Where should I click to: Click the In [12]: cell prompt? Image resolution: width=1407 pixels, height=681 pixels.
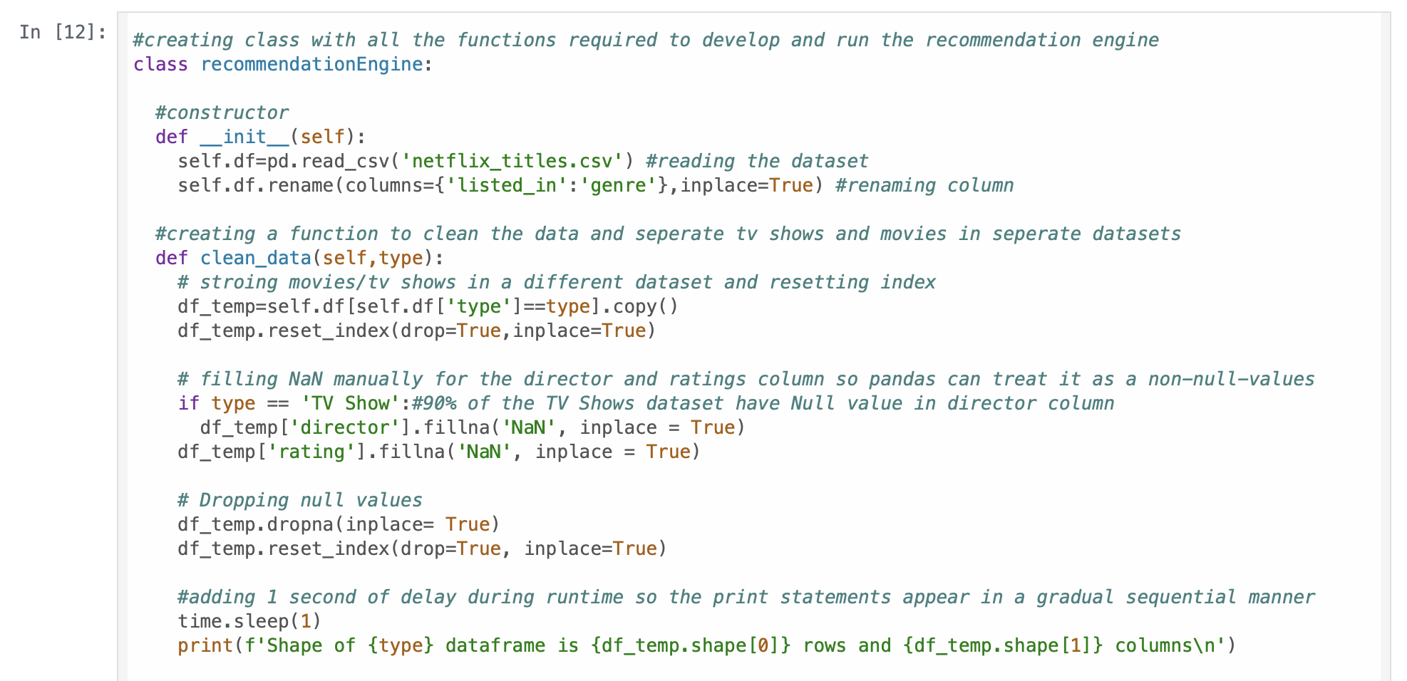point(63,32)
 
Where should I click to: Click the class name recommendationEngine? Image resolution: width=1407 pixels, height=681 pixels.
point(311,64)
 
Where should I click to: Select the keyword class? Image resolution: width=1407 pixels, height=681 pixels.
point(160,64)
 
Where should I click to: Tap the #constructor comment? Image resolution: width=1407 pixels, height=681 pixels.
point(222,113)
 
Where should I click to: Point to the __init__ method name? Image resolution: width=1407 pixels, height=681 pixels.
point(244,137)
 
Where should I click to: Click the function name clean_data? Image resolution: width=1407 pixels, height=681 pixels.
point(255,258)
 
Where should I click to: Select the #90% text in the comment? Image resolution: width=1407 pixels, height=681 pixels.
point(434,403)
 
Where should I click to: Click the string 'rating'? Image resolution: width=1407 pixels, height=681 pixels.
point(311,452)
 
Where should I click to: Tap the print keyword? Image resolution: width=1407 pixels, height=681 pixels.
point(205,645)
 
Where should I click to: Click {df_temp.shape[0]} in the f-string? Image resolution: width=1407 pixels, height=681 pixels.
point(691,645)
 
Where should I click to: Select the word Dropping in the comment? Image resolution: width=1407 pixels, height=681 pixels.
point(244,500)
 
